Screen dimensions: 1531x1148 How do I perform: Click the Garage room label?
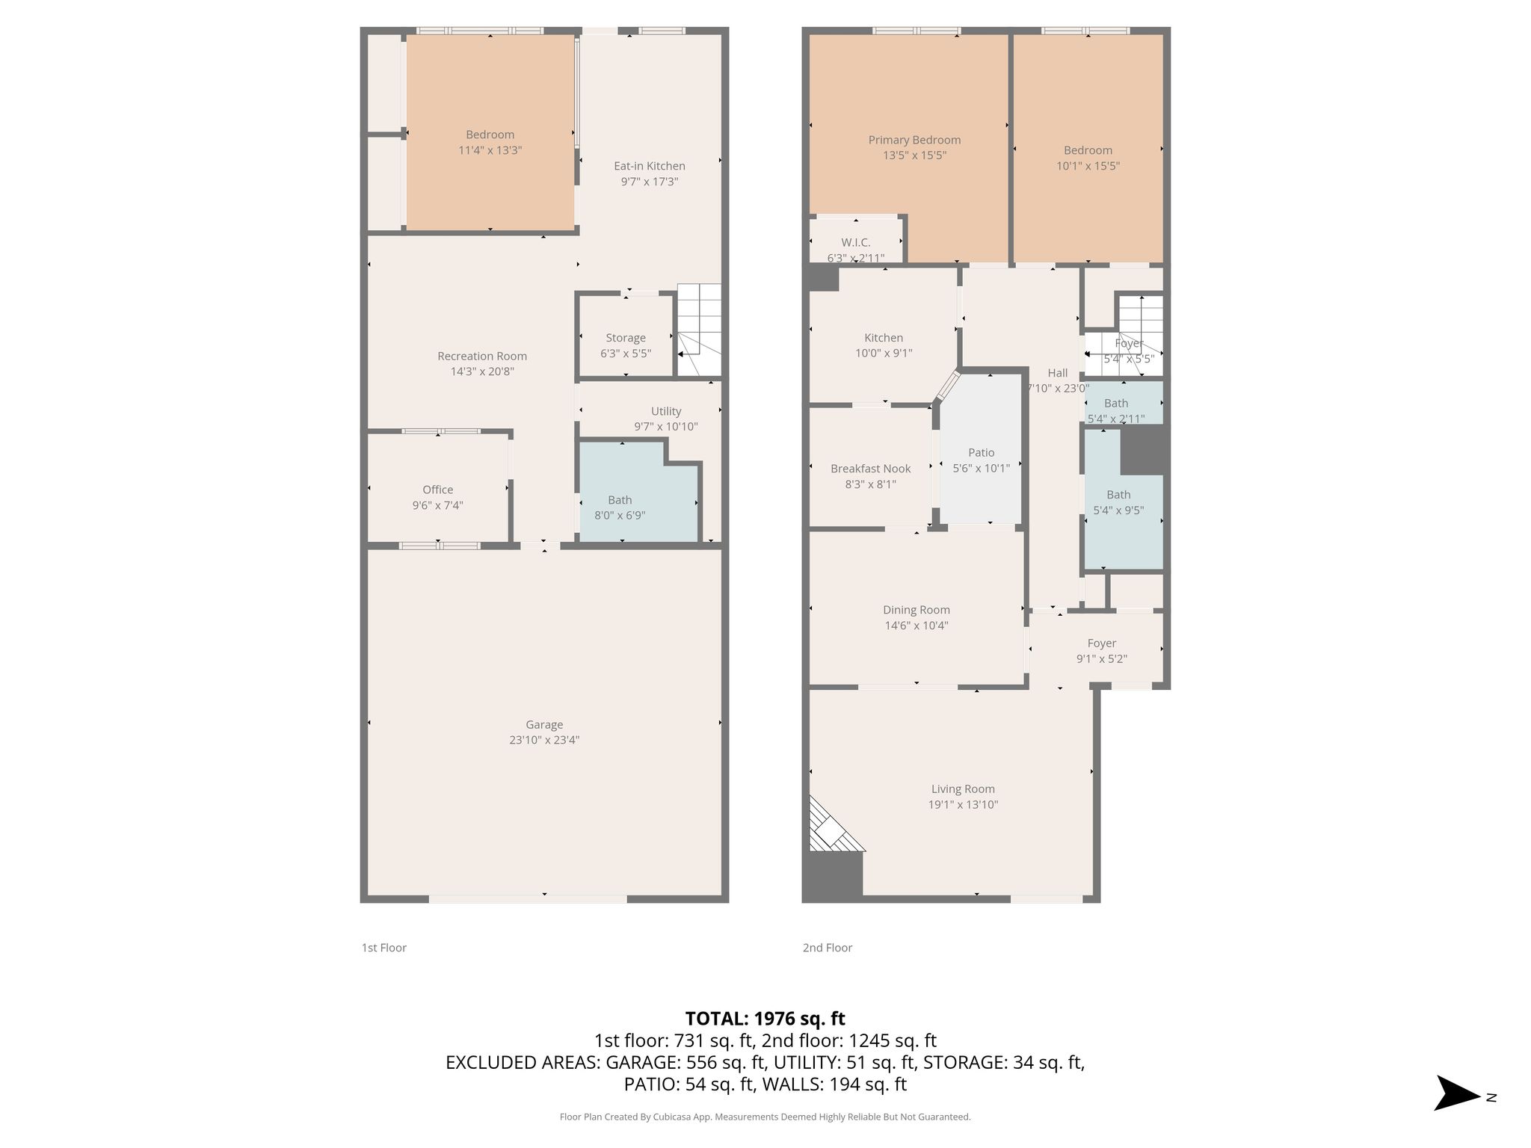click(x=544, y=724)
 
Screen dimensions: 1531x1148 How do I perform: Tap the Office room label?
click(x=438, y=490)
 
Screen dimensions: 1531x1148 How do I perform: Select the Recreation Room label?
click(x=482, y=356)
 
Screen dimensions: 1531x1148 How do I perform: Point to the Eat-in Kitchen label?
click(x=650, y=166)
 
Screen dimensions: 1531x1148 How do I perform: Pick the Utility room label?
click(x=666, y=411)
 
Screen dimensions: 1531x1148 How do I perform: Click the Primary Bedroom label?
click(x=914, y=140)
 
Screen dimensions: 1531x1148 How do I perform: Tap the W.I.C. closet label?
click(x=856, y=242)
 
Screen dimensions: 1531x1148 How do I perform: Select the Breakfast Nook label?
click(x=871, y=469)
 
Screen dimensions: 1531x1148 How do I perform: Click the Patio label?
click(x=982, y=452)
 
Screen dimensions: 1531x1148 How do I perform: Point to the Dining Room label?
click(x=917, y=610)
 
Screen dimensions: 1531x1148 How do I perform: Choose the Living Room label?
click(x=963, y=789)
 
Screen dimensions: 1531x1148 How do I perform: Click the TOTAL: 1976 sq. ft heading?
click(x=765, y=1018)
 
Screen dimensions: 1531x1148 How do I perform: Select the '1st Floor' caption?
click(x=384, y=948)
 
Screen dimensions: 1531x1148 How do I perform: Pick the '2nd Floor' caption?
click(x=828, y=948)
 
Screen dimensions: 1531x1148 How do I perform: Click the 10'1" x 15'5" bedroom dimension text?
click(x=1088, y=166)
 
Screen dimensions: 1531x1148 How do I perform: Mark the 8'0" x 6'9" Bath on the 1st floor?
click(x=638, y=492)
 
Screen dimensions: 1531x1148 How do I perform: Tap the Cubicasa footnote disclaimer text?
click(x=765, y=1117)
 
